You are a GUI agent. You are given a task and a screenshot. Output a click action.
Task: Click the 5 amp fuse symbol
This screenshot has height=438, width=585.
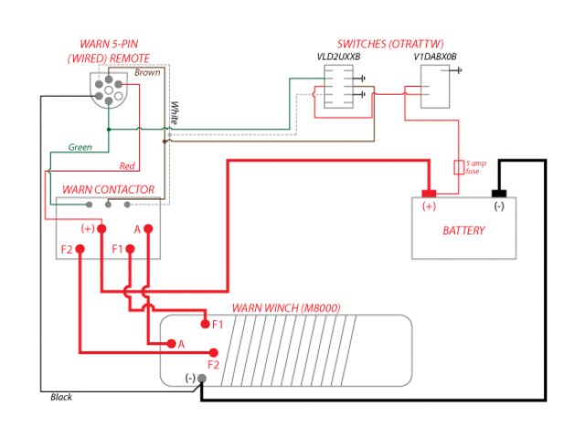(x=459, y=168)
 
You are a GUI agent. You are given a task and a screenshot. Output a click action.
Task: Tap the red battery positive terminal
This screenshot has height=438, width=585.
(x=428, y=193)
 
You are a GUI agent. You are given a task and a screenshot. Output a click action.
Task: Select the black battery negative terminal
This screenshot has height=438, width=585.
(x=499, y=193)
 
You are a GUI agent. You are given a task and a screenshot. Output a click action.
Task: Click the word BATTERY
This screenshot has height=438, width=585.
(x=463, y=230)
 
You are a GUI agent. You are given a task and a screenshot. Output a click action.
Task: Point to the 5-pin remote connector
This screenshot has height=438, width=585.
(x=109, y=91)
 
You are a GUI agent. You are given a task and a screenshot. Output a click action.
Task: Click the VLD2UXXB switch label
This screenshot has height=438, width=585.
(x=339, y=57)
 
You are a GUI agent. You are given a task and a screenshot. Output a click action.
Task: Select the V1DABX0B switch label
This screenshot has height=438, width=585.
(x=435, y=57)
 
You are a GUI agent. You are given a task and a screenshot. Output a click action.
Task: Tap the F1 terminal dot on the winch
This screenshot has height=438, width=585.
(x=205, y=324)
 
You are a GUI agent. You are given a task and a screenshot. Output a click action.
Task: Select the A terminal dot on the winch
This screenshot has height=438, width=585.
(x=170, y=344)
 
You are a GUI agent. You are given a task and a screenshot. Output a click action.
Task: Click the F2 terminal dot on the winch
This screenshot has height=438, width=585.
(x=214, y=352)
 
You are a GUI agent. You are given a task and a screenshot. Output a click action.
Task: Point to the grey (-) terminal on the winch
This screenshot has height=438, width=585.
(x=202, y=378)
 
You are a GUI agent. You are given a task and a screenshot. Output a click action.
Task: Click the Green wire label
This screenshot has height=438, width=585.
(x=80, y=147)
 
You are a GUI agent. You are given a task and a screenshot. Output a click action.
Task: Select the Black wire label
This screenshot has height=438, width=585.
(x=61, y=397)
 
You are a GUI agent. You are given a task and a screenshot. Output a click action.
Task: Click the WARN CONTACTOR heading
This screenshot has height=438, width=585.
(x=108, y=190)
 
